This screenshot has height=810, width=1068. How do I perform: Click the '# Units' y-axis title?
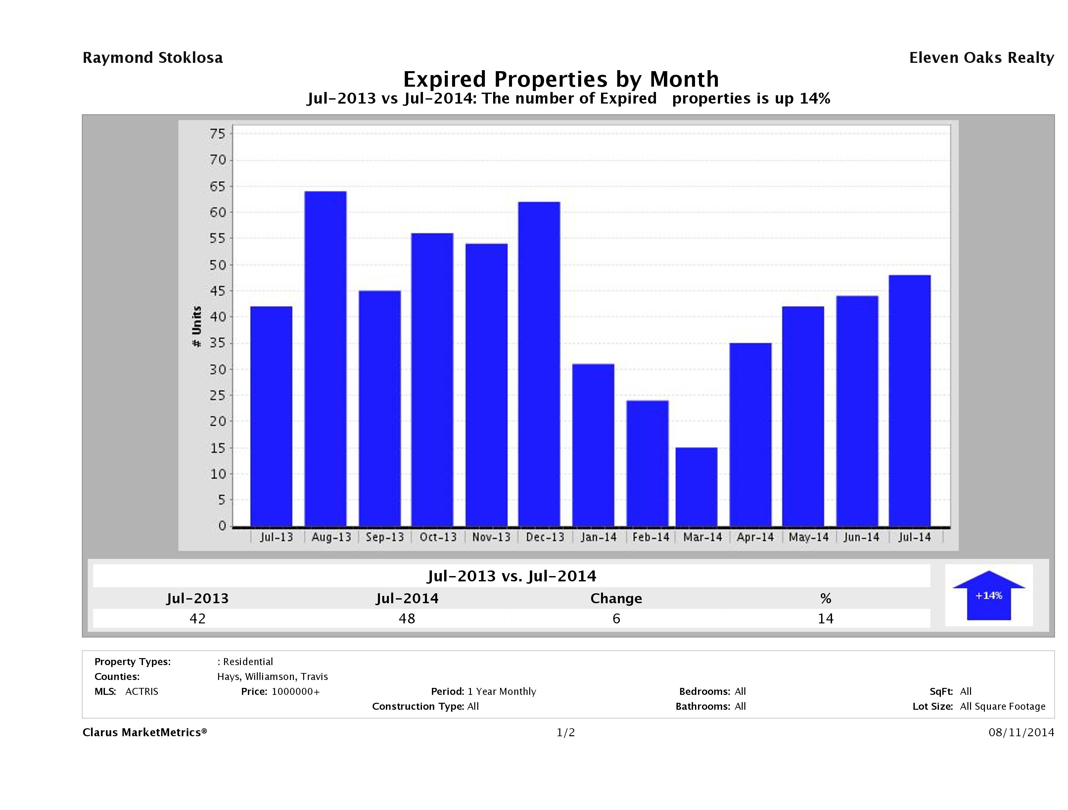click(x=197, y=326)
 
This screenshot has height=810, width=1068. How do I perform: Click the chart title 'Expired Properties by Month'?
click(x=561, y=79)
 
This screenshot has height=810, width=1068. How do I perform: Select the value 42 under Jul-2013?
click(x=198, y=618)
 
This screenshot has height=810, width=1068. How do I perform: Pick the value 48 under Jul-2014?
click(x=407, y=618)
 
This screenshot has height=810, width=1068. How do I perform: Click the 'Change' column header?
click(x=616, y=599)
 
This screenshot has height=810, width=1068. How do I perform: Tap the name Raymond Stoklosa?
click(x=153, y=58)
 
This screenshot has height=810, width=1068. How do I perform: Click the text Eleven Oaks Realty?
click(x=981, y=58)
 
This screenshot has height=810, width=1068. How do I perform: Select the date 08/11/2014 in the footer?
click(x=1021, y=732)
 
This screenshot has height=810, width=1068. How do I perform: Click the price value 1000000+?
click(x=296, y=691)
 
